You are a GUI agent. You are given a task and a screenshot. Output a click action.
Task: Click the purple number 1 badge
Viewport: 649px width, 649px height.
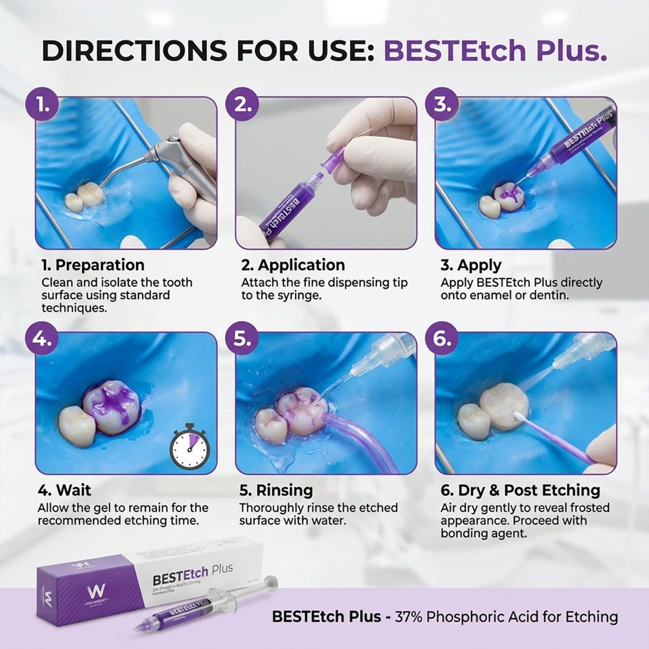pyautogui.click(x=43, y=104)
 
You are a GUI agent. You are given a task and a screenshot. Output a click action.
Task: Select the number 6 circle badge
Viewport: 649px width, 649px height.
pyautogui.click(x=442, y=339)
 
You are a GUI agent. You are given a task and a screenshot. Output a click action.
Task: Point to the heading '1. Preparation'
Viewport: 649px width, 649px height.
pyautogui.click(x=93, y=265)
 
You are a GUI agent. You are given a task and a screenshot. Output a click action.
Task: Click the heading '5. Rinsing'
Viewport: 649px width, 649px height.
pyautogui.click(x=276, y=491)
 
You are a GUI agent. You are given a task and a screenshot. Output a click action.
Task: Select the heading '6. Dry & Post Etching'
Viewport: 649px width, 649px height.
pyautogui.click(x=520, y=491)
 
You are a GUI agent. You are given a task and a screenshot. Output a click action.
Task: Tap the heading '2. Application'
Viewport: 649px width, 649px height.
pyautogui.click(x=293, y=265)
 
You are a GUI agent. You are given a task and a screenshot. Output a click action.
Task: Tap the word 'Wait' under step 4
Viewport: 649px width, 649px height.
pyautogui.click(x=74, y=491)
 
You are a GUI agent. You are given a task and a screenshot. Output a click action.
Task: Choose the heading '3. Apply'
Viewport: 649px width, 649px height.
pyautogui.click(x=471, y=265)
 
